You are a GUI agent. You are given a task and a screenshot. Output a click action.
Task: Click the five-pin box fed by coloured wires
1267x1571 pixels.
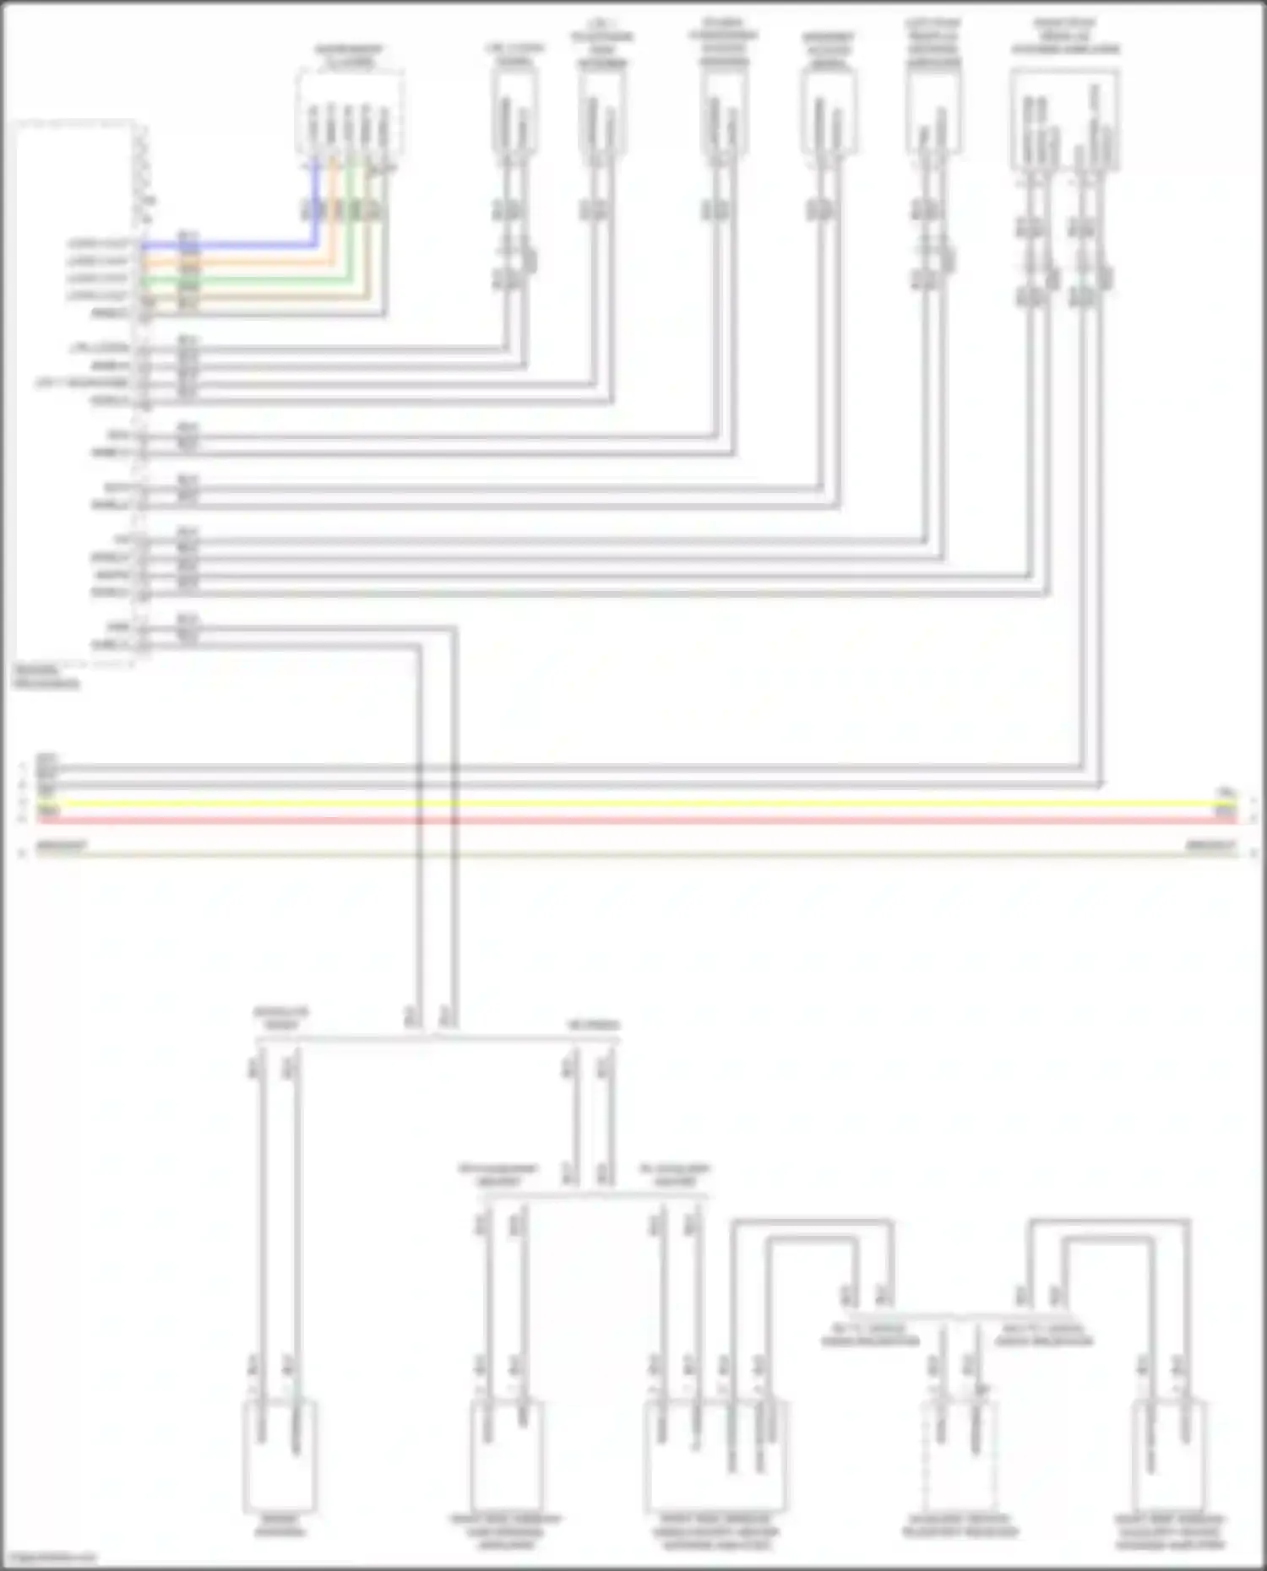pyautogui.click(x=348, y=114)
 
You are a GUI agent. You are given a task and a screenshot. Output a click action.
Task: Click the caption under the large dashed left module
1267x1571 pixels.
pyautogui.click(x=46, y=677)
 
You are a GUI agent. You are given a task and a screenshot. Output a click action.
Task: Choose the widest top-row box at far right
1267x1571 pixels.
pyautogui.click(x=1064, y=118)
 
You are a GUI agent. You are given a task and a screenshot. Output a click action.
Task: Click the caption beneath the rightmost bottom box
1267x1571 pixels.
pyautogui.click(x=1170, y=1532)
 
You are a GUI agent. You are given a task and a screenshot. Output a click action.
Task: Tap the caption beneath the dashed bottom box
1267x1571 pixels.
pyautogui.click(x=960, y=1526)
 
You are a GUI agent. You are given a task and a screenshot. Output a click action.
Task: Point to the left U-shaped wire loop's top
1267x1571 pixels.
pyautogui.click(x=811, y=1222)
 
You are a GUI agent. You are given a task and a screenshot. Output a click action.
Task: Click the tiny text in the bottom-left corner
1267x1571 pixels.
pyautogui.click(x=49, y=1558)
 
